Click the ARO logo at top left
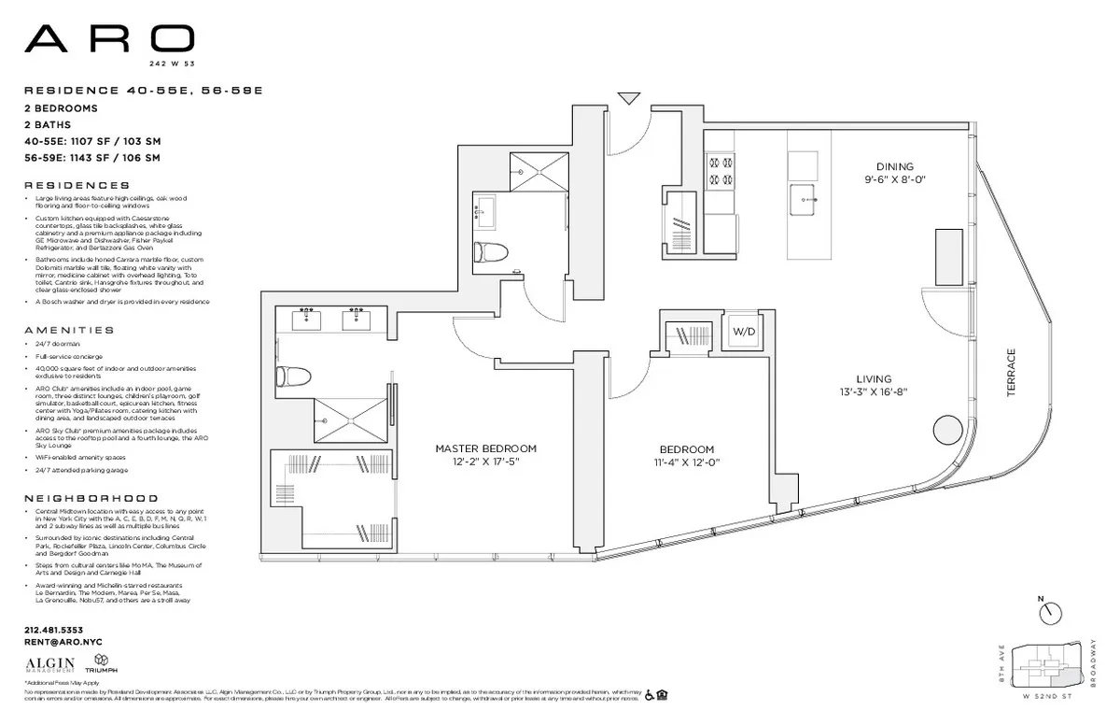click(x=109, y=40)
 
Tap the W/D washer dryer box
click(x=743, y=332)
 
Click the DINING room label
click(x=894, y=166)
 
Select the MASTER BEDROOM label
click(x=485, y=448)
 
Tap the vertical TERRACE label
click(x=1011, y=374)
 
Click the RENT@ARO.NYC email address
click(x=63, y=642)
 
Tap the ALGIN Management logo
click(x=49, y=664)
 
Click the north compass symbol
click(x=1050, y=611)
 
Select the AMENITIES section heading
click(x=70, y=330)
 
